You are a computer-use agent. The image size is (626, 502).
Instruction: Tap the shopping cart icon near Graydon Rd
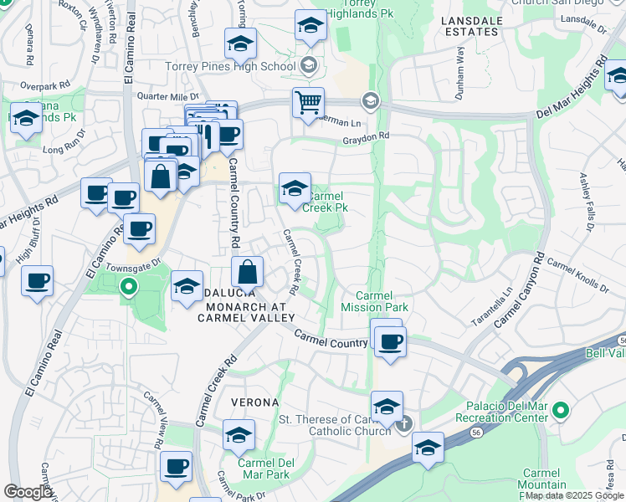pyautogui.click(x=308, y=103)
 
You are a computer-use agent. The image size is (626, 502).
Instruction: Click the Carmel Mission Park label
pyautogui.click(x=382, y=301)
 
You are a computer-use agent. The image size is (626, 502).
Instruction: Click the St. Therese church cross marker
pyautogui.click(x=405, y=424)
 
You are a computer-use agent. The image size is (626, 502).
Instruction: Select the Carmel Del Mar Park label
pyautogui.click(x=267, y=469)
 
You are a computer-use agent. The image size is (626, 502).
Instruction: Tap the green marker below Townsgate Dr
pyautogui.click(x=128, y=289)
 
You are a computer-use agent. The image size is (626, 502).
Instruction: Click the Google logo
pyautogui.click(x=28, y=492)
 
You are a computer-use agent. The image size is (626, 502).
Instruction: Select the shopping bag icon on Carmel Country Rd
pyautogui.click(x=248, y=272)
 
